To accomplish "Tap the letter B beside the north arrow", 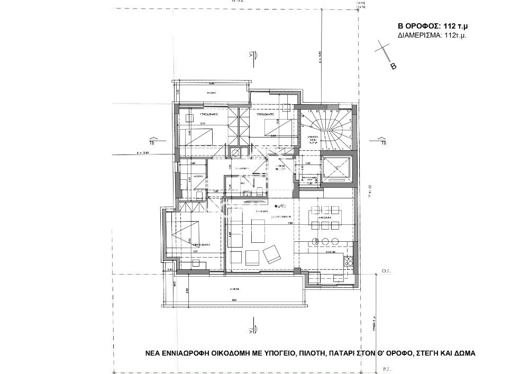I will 393,67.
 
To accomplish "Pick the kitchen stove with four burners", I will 349,260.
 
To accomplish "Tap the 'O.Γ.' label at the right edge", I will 386,270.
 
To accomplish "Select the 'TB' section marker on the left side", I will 152,142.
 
